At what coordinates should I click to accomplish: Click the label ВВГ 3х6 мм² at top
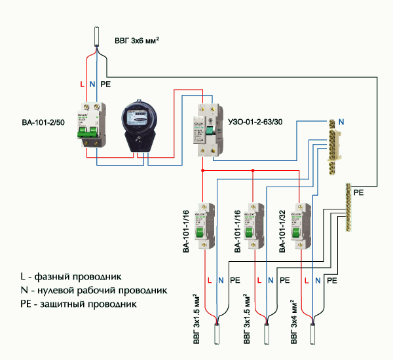[138, 41]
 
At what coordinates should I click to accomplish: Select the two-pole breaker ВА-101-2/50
[92, 124]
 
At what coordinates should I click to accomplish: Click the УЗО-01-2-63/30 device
[206, 128]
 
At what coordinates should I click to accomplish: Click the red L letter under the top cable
[81, 84]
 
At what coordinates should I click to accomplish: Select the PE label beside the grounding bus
[358, 194]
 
